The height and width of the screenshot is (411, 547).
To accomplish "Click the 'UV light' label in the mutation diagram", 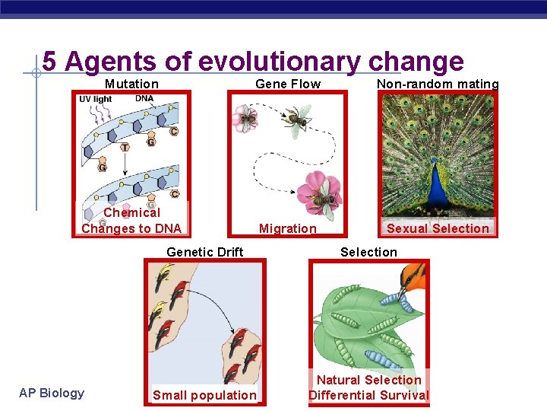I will click(x=96, y=99).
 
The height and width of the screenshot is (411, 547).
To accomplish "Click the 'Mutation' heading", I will click(x=131, y=84).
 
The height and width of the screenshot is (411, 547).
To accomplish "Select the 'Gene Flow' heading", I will click(x=288, y=84).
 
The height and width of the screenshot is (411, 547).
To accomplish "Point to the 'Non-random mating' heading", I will click(x=438, y=84).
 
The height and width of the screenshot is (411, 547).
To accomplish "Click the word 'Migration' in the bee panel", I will click(x=288, y=228).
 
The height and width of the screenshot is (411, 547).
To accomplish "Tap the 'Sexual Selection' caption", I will click(x=438, y=228).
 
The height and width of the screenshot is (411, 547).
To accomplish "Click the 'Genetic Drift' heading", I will click(x=205, y=252).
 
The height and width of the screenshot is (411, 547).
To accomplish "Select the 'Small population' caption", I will click(x=204, y=395).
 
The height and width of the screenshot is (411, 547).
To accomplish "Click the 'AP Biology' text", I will click(x=52, y=393).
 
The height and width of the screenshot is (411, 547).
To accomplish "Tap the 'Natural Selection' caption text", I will click(x=369, y=380).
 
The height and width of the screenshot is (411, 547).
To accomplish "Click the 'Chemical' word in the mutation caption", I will click(x=131, y=212).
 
